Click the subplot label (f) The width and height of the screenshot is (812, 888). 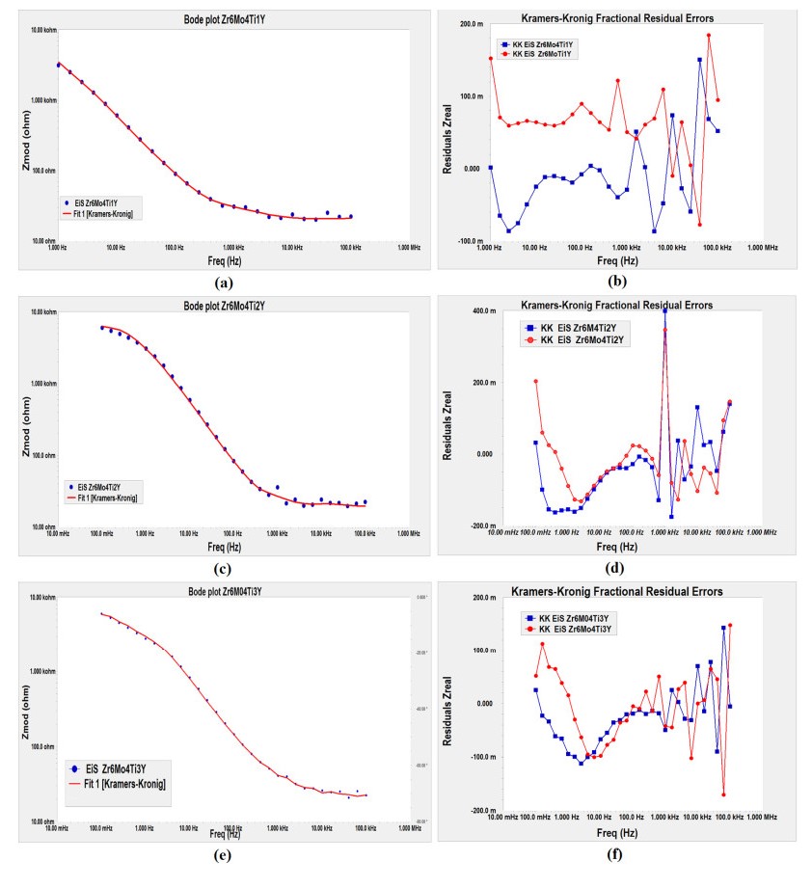(x=613, y=853)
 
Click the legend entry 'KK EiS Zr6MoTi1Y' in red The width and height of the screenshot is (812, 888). (x=543, y=54)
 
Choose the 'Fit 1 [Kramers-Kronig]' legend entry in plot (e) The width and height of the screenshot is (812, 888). (x=120, y=786)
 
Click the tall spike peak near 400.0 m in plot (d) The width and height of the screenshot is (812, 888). (x=664, y=310)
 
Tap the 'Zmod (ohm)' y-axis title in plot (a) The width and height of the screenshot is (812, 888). (x=26, y=140)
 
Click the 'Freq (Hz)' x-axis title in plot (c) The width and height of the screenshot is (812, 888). (x=224, y=546)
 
